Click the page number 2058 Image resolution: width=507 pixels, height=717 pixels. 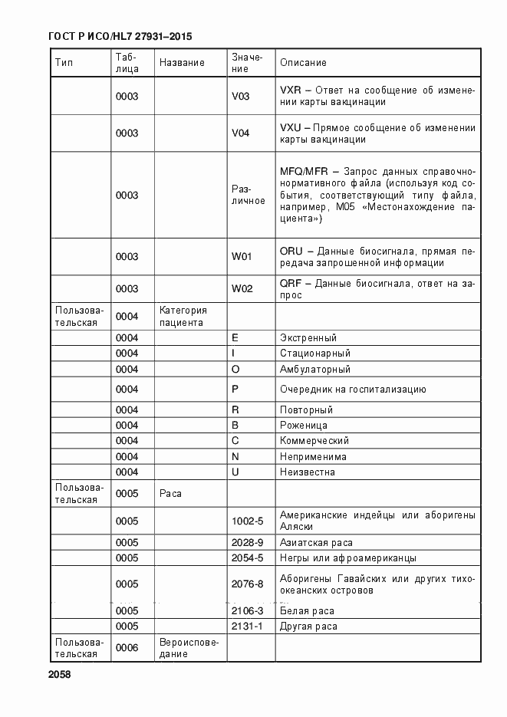(x=59, y=674)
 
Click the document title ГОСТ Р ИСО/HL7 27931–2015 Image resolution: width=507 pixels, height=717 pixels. (x=120, y=37)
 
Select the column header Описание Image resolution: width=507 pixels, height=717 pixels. (x=303, y=63)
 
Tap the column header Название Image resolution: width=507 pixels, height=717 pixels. (x=182, y=63)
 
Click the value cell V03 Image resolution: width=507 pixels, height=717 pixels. (x=241, y=97)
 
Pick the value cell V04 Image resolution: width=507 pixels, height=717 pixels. (x=241, y=133)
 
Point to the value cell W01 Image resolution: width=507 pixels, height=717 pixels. (x=242, y=256)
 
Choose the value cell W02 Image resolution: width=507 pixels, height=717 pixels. (x=242, y=289)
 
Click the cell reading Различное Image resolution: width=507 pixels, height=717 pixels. (x=248, y=195)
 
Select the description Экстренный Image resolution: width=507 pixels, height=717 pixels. (x=308, y=338)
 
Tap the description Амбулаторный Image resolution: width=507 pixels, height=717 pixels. (x=315, y=369)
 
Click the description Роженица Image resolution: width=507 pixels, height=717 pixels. (x=304, y=426)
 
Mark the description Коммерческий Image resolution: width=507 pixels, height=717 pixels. (x=314, y=441)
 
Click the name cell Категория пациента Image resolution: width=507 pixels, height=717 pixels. (x=183, y=316)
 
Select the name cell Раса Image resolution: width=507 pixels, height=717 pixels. (x=170, y=494)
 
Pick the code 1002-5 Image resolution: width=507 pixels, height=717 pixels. (x=247, y=521)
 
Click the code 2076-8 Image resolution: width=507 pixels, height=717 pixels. (x=247, y=584)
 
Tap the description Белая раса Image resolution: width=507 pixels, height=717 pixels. (x=307, y=611)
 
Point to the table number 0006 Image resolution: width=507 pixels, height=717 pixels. (x=127, y=648)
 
